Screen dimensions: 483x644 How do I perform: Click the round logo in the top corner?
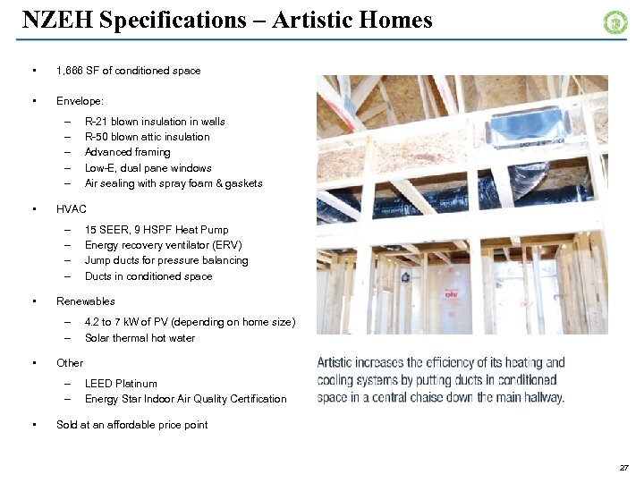pos(615,22)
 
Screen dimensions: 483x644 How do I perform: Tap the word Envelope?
pos(79,101)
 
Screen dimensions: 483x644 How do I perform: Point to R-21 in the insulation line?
pos(97,122)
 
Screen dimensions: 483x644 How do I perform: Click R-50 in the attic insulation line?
pos(97,137)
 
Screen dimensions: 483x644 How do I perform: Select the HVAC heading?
pos(72,209)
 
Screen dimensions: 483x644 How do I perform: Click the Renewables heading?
pos(85,301)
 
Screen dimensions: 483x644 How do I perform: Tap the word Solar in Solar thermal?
pos(97,338)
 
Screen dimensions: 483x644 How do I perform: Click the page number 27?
pos(623,468)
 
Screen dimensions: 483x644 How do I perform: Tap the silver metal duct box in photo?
pos(528,125)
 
